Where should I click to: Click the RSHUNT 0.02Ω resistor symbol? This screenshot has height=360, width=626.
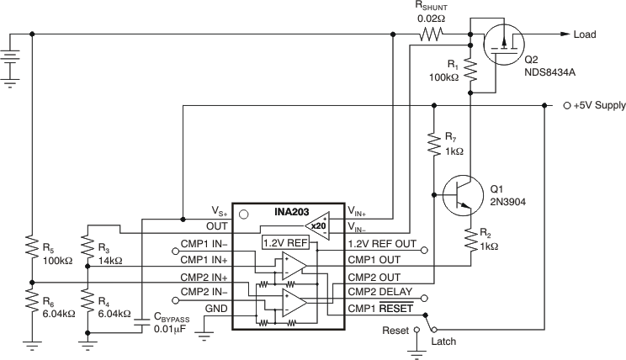[x=431, y=34]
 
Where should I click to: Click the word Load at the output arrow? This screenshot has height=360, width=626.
[x=584, y=34]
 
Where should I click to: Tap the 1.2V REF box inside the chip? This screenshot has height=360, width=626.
[x=284, y=242]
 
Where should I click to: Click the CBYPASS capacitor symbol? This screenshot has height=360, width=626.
[x=143, y=319]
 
